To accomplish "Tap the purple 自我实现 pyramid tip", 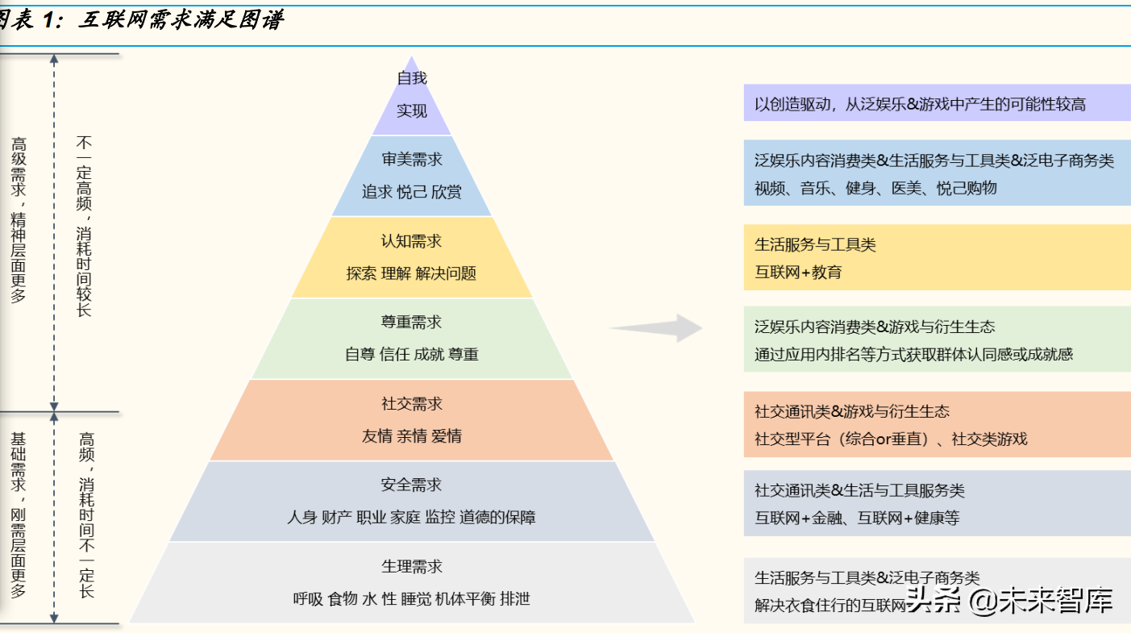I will [411, 95].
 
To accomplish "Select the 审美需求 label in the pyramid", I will [411, 160].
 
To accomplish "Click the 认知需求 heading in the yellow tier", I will [411, 241].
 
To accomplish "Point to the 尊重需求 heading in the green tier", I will [411, 322].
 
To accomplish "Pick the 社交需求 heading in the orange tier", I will [411, 403].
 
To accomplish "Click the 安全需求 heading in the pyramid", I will [411, 485].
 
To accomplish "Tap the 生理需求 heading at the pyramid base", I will [411, 566].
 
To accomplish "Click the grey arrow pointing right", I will [656, 328].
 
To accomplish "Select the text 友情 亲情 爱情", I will [411, 436].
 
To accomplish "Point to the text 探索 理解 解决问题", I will [411, 273].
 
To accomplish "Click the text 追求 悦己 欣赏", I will [411, 192].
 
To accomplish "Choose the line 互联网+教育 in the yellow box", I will [798, 273].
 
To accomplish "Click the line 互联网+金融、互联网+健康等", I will [857, 518].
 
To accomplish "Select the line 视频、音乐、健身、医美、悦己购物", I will [875, 188].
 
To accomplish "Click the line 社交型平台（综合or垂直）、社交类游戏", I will [891, 439].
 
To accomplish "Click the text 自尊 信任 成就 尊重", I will [411, 354].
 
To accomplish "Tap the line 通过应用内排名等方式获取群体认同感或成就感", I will [913, 354].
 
